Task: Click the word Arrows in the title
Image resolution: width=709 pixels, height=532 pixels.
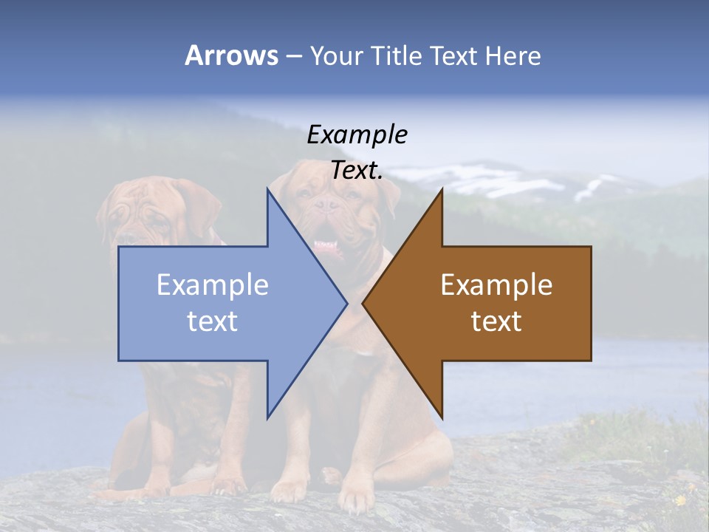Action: tap(232, 55)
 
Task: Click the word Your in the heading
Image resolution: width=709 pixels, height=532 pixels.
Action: tap(339, 55)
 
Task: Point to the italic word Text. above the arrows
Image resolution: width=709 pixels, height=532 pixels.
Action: tap(357, 170)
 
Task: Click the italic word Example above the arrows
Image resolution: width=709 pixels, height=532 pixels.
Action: tap(357, 134)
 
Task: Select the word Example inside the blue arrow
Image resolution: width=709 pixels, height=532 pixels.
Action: tap(213, 284)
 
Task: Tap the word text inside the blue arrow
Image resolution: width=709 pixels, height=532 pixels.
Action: tap(213, 321)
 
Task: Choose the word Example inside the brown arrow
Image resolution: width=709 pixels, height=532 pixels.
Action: tap(496, 284)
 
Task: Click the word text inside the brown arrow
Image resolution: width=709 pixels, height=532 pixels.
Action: tap(496, 321)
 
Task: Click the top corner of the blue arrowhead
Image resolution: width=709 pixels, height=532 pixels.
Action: tap(268, 191)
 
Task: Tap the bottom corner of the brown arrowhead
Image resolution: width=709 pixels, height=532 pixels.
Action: tap(442, 417)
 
